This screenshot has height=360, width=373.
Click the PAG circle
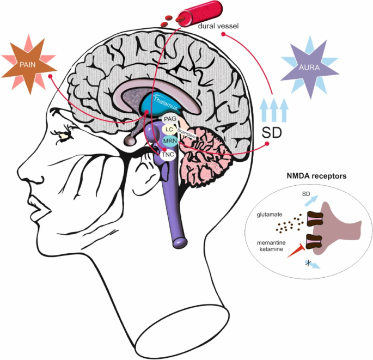(x=169, y=119)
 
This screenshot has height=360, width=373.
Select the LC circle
(x=169, y=130)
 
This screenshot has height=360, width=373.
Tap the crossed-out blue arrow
(x=312, y=264)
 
